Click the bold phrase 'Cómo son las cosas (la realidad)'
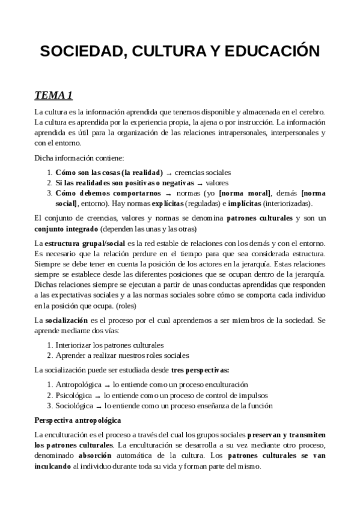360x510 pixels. (x=109, y=172)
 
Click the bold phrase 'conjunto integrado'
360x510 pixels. (x=58, y=229)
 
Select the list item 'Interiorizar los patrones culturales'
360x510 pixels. (x=109, y=345)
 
